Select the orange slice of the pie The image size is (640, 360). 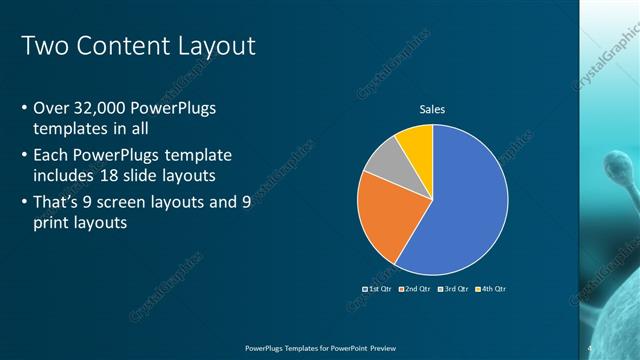pos(383,220)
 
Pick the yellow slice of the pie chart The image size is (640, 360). pos(416,142)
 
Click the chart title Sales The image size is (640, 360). pos(432,109)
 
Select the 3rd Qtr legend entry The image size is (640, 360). pos(455,289)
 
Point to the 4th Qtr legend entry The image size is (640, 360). pos(492,289)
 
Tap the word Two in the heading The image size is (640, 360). pos(42,46)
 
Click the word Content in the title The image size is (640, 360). pos(119,46)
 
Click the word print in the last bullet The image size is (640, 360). pos(52,224)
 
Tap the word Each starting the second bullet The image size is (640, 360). pos(52,155)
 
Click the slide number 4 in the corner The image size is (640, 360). pos(589,347)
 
